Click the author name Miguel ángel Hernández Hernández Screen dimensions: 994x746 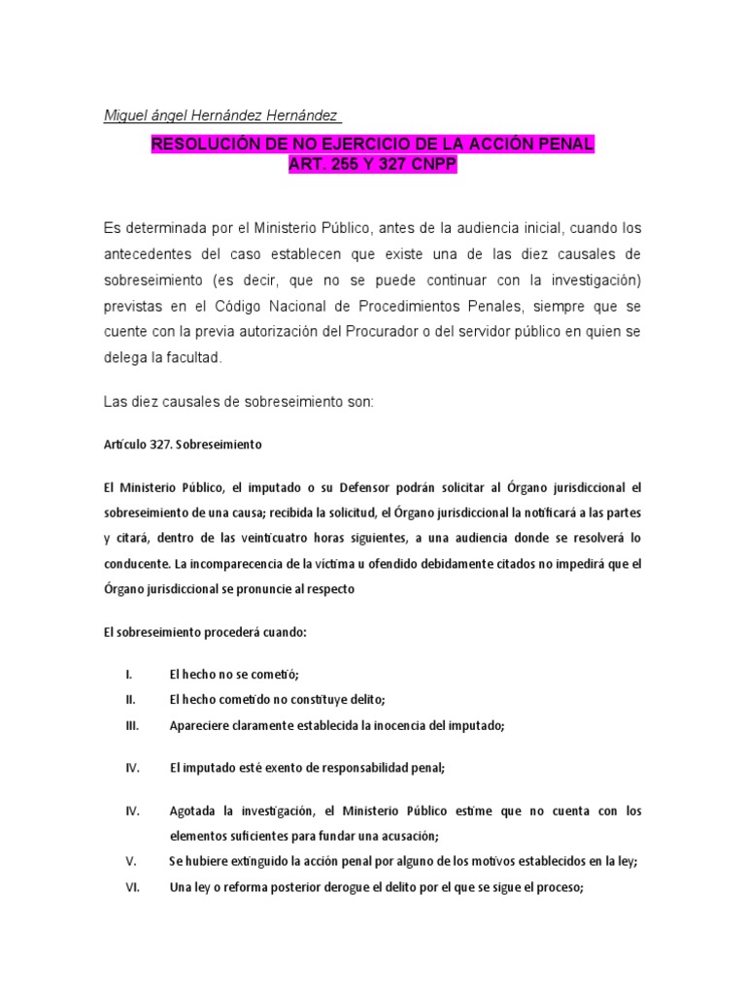point(221,116)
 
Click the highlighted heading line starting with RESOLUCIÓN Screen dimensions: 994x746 point(372,146)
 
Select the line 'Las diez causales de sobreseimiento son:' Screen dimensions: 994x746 point(238,402)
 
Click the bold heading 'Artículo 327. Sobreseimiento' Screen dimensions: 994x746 point(183,445)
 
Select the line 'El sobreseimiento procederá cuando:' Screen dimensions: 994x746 point(205,632)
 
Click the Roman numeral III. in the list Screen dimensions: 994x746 point(133,724)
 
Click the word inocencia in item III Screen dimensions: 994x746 point(398,724)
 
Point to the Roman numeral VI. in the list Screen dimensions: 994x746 point(133,885)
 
